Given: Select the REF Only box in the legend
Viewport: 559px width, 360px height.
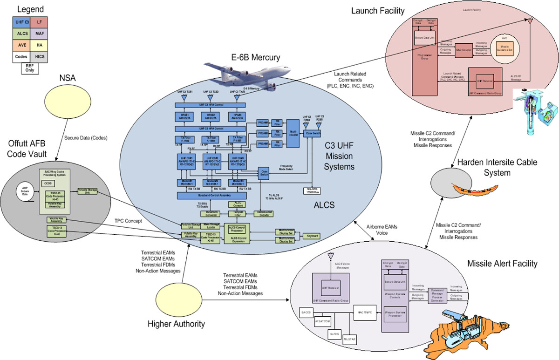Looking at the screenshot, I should pyautogui.click(x=29, y=68).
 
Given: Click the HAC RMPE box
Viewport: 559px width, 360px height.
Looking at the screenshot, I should pyautogui.click(x=364, y=312).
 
